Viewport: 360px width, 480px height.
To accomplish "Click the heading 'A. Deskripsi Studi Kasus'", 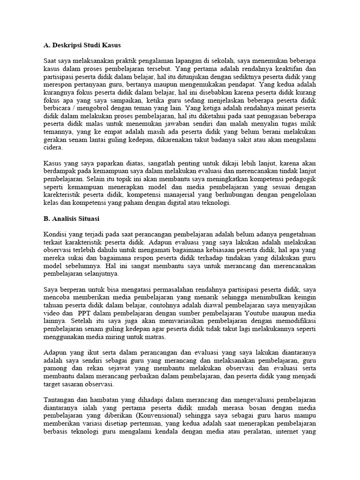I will click(82, 45).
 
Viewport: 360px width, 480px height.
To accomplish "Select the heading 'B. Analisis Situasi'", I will click(72, 218).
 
